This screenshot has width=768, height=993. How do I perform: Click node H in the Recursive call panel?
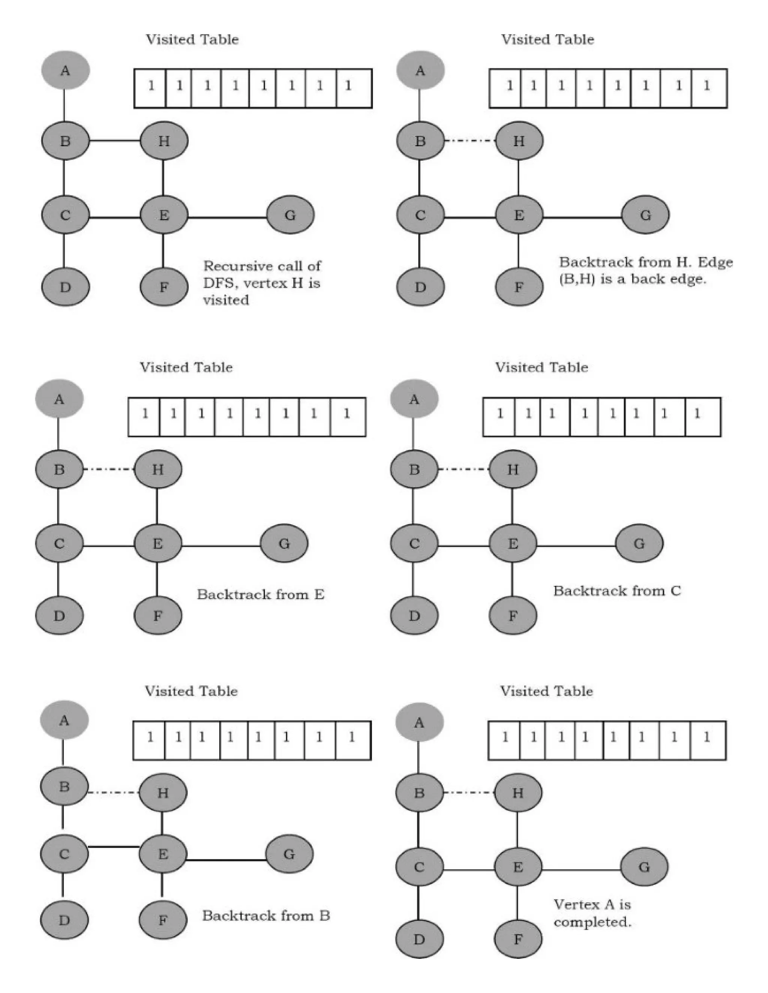pos(164,141)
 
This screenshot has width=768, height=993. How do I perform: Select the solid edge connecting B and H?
pos(115,141)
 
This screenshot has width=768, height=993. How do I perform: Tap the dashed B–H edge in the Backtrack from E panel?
pos(109,469)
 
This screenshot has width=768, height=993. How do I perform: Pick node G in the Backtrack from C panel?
pos(639,543)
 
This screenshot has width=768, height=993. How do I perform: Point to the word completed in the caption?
pos(592,922)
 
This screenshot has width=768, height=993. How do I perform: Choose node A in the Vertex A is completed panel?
pos(419,722)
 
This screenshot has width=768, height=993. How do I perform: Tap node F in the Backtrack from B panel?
pos(162,920)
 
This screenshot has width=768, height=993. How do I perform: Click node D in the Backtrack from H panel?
pos(420,287)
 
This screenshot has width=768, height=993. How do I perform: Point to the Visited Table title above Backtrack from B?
pos(191,691)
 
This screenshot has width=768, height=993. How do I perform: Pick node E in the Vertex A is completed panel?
pos(518,867)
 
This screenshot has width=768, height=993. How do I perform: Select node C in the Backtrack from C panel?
pos(414,543)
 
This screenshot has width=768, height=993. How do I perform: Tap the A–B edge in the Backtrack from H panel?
pos(420,106)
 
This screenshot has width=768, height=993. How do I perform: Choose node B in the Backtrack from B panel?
pos(64,787)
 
